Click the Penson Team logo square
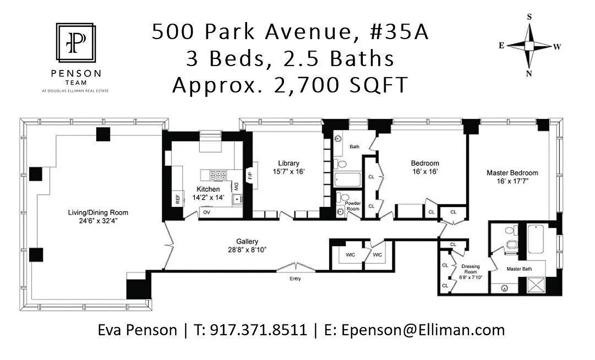pyautogui.click(x=75, y=43)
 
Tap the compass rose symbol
pyautogui.click(x=530, y=45)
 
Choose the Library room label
pyautogui.click(x=288, y=163)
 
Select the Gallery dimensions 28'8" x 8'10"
pyautogui.click(x=248, y=249)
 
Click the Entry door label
pyautogui.click(x=295, y=279)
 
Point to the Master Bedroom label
pyautogui.click(x=512, y=173)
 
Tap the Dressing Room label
pyautogui.click(x=471, y=269)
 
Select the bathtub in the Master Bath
pyautogui.click(x=536, y=239)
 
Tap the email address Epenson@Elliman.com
pyautogui.click(x=423, y=330)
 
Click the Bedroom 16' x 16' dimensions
pyautogui.click(x=425, y=171)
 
